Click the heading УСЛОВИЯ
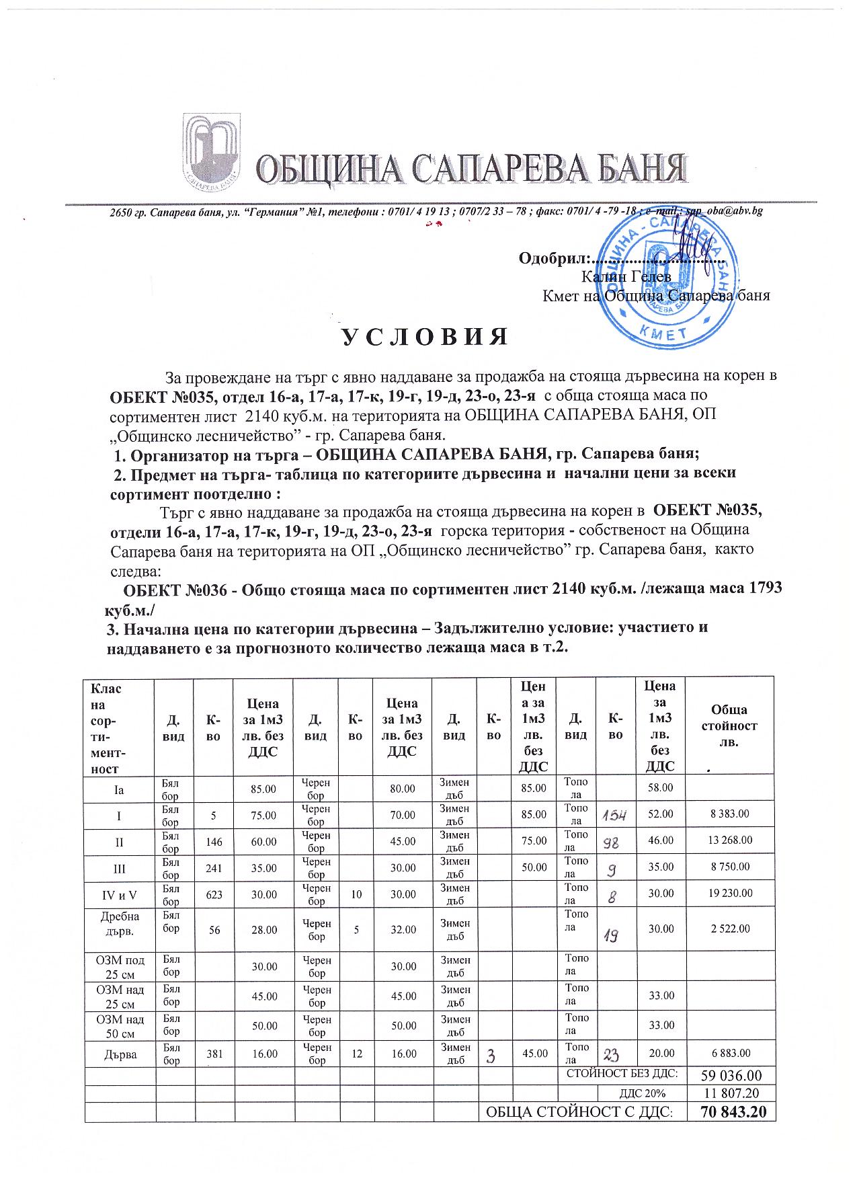pyautogui.click(x=424, y=336)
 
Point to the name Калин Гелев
pyautogui.click(x=626, y=276)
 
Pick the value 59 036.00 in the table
pyautogui.click(x=733, y=1075)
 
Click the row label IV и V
pyautogui.click(x=119, y=894)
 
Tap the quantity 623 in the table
pyautogui.click(x=214, y=894)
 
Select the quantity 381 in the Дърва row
pyautogui.click(x=214, y=1054)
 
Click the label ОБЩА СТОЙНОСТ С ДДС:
pyautogui.click(x=578, y=1112)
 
